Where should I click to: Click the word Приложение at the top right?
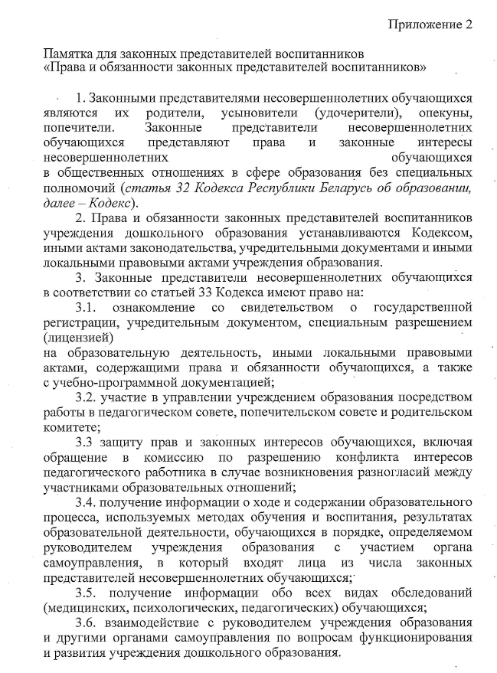point(424,24)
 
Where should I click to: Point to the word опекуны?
point(446,113)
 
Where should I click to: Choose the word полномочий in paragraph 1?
point(79,187)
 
